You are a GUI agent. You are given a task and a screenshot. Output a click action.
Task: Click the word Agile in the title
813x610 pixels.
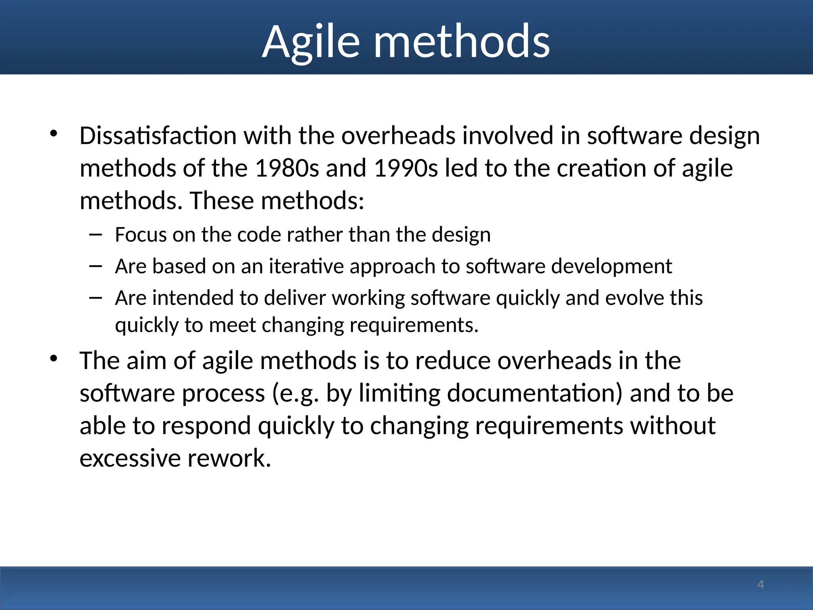coord(311,42)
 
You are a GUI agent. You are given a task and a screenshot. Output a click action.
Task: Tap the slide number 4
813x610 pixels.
coord(760,584)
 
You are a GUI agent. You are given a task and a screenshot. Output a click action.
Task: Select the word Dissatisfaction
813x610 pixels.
coord(158,135)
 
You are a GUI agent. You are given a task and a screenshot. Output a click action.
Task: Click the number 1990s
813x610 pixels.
coord(406,168)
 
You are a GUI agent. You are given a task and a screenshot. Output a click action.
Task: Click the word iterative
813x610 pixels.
coord(306,266)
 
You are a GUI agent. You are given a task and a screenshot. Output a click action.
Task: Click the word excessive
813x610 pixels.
coord(130,458)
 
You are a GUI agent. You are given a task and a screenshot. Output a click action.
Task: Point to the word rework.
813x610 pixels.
coord(229,458)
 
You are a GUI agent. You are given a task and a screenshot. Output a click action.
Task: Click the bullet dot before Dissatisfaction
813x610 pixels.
coord(54,134)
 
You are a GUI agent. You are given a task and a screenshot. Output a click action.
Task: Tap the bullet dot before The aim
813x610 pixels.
coord(54,359)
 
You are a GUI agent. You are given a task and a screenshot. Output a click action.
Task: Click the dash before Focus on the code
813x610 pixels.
coord(96,235)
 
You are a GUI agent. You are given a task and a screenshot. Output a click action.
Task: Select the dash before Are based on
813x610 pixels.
coord(96,266)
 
